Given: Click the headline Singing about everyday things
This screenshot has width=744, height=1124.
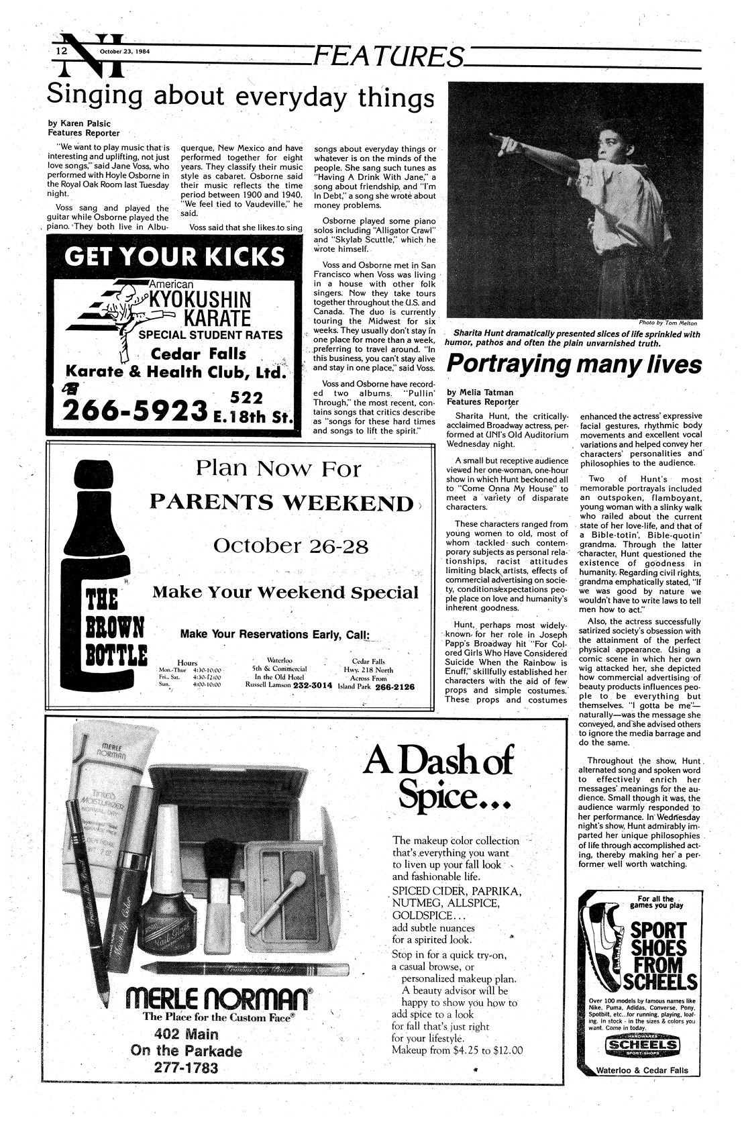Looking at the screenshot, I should pyautogui.click(x=240, y=98).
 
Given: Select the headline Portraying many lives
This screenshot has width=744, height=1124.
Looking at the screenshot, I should pyautogui.click(x=574, y=364).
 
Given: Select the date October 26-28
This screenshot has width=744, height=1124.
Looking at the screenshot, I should pyautogui.click(x=290, y=546).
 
